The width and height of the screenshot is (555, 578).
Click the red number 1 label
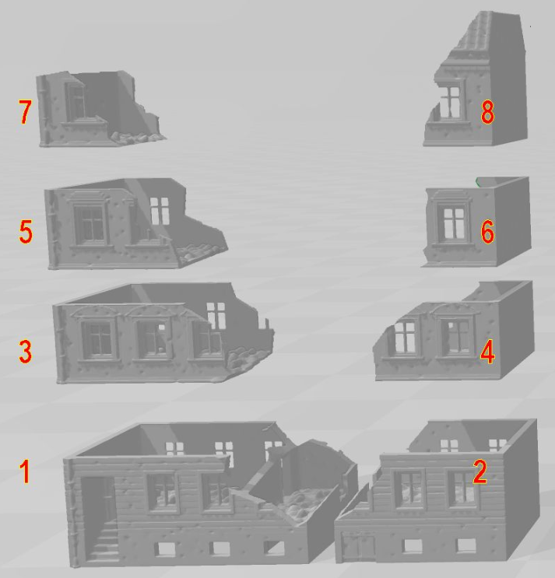(25, 471)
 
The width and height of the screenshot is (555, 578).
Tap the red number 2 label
(479, 471)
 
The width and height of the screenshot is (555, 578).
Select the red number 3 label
(25, 351)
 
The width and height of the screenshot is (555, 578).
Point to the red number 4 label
(487, 352)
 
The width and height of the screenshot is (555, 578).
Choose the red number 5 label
(25, 233)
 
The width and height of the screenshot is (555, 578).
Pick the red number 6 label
(487, 232)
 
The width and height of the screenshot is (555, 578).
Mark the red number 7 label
(25, 114)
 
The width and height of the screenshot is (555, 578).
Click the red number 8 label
(487, 114)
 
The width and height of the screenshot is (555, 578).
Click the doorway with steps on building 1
(100, 517)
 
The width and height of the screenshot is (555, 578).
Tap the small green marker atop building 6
(479, 181)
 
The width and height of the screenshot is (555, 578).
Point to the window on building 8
(450, 102)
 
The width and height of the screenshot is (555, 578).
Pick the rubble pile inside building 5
(198, 248)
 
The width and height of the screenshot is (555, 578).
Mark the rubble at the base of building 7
(134, 137)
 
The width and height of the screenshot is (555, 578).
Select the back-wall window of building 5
(160, 210)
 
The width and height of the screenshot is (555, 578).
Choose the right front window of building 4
(455, 336)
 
